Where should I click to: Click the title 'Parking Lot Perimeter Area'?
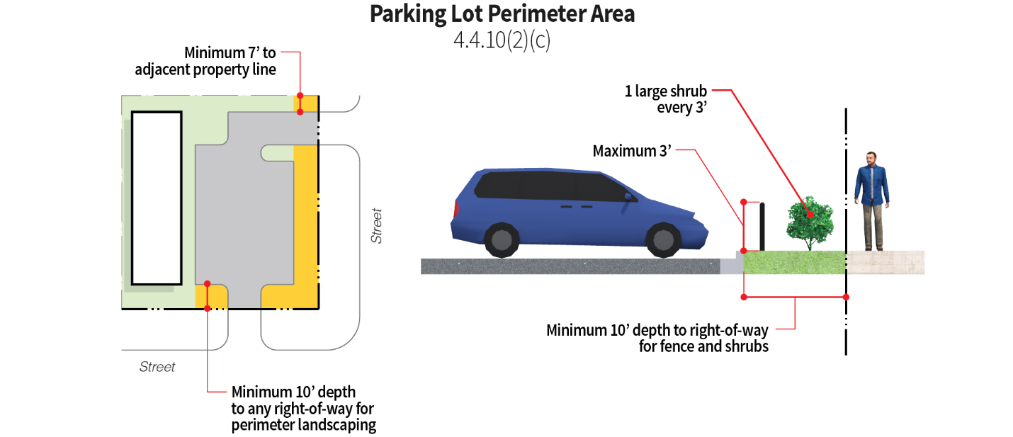(x=502, y=14)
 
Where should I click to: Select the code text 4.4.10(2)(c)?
(x=502, y=40)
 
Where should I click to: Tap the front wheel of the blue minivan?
(x=664, y=239)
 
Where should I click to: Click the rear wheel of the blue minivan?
(x=502, y=239)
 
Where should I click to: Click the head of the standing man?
(x=871, y=159)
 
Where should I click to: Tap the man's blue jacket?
(x=871, y=184)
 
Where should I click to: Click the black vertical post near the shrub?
(x=762, y=226)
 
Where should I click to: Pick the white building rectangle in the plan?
(x=157, y=198)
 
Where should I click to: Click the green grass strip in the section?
(x=794, y=263)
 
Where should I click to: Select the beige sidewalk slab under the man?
(x=885, y=262)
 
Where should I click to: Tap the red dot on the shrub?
(x=810, y=215)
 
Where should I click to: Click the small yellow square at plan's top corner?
(x=305, y=103)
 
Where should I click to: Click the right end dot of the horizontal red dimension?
(x=846, y=297)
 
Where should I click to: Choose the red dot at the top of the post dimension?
(x=744, y=202)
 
